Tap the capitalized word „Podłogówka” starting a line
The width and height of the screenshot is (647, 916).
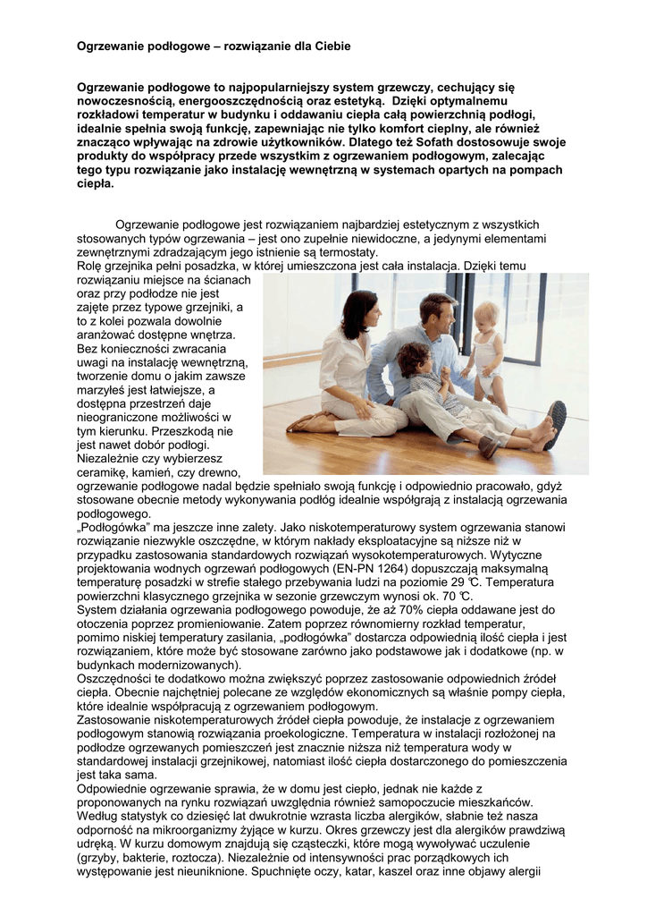click(111, 527)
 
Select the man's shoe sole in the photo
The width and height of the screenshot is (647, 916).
click(555, 425)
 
